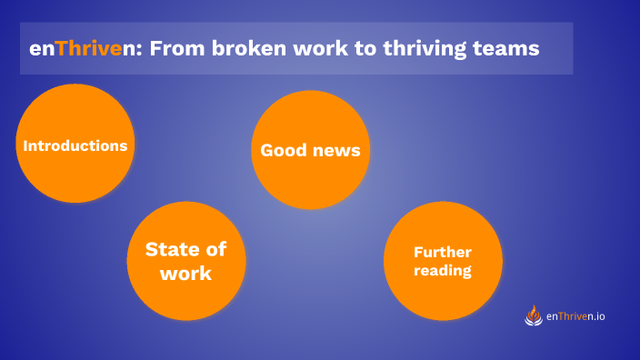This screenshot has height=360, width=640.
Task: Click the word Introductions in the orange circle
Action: (x=75, y=145)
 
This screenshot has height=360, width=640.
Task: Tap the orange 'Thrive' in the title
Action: (x=89, y=48)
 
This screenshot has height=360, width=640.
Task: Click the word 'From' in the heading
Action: (x=175, y=48)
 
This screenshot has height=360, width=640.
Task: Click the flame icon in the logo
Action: (x=534, y=315)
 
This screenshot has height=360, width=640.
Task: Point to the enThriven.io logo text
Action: (x=576, y=316)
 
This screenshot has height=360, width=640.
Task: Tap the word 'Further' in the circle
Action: (x=443, y=252)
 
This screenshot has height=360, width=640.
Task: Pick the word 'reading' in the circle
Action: (x=443, y=271)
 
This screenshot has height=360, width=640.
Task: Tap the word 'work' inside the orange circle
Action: (x=185, y=273)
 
